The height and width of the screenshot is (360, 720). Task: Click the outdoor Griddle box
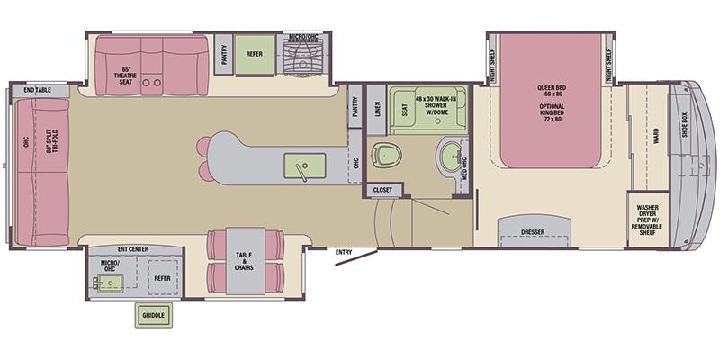pyautogui.click(x=153, y=316)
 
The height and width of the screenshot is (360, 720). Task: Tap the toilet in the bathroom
pyautogui.click(x=386, y=155)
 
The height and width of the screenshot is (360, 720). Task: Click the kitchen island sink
pyautogui.click(x=304, y=166)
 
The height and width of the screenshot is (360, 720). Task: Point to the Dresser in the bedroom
pyautogui.click(x=535, y=231)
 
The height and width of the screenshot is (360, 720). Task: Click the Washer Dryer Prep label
pyautogui.click(x=647, y=220)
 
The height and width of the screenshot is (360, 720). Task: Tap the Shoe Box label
pyautogui.click(x=684, y=126)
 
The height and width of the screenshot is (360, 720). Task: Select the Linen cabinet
pyautogui.click(x=376, y=109)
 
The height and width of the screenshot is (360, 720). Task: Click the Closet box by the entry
pyautogui.click(x=382, y=190)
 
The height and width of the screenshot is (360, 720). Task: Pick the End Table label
pyautogui.click(x=38, y=90)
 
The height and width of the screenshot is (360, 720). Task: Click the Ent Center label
pyautogui.click(x=133, y=249)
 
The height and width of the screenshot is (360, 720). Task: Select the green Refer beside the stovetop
pyautogui.click(x=255, y=54)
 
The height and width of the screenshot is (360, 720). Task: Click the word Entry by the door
pyautogui.click(x=344, y=252)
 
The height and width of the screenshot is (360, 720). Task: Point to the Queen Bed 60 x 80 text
pyautogui.click(x=552, y=91)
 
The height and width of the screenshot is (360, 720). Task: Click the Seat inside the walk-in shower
pyautogui.click(x=404, y=109)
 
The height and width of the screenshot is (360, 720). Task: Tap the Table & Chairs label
pyautogui.click(x=244, y=261)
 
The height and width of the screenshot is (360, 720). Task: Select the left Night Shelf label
pyautogui.click(x=492, y=66)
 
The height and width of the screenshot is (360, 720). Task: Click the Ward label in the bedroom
pyautogui.click(x=656, y=137)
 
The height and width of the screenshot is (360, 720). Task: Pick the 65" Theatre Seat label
pyautogui.click(x=126, y=76)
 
